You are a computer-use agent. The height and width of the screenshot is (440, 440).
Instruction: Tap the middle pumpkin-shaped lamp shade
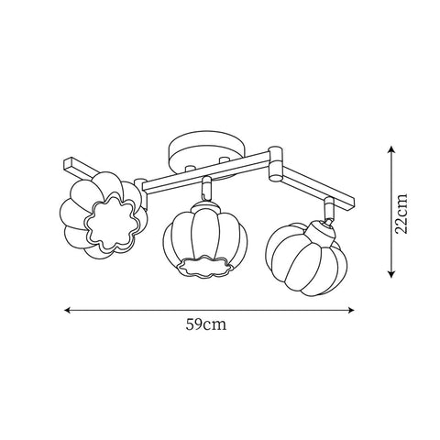(x=197, y=243)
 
